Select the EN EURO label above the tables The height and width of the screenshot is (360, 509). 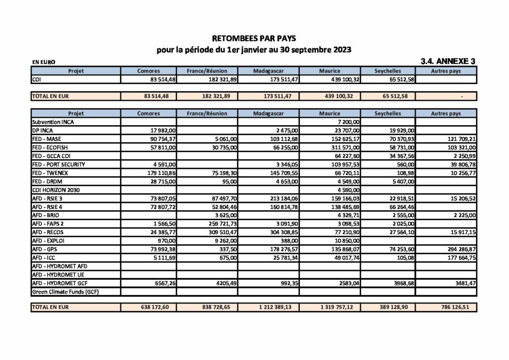(x=43, y=63)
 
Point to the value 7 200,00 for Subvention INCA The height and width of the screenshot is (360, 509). (x=349, y=121)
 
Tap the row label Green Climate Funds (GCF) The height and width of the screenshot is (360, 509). (x=65, y=292)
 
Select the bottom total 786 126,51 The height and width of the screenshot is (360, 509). (x=458, y=308)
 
